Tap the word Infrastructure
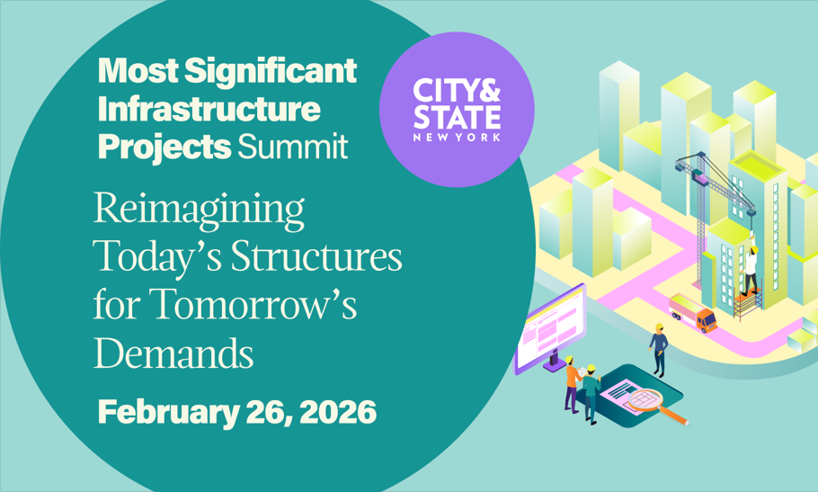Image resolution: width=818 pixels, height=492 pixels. coord(209,109)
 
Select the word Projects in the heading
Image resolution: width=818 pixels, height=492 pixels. coord(164,148)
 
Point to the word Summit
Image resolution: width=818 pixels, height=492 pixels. coord(293,147)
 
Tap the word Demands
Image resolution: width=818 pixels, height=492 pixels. coord(173,353)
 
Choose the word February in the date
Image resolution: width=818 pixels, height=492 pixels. coord(168,413)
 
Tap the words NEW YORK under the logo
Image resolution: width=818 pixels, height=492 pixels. coord(457,138)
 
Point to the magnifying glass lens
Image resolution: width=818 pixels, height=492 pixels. coord(645,399)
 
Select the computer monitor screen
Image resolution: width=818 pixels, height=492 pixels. coord(550,327)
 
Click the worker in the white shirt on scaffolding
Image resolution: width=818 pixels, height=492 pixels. coord(751,270)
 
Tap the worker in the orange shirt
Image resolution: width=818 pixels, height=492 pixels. coord(572,385)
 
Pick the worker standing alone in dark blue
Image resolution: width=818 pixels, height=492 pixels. coord(658,350)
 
